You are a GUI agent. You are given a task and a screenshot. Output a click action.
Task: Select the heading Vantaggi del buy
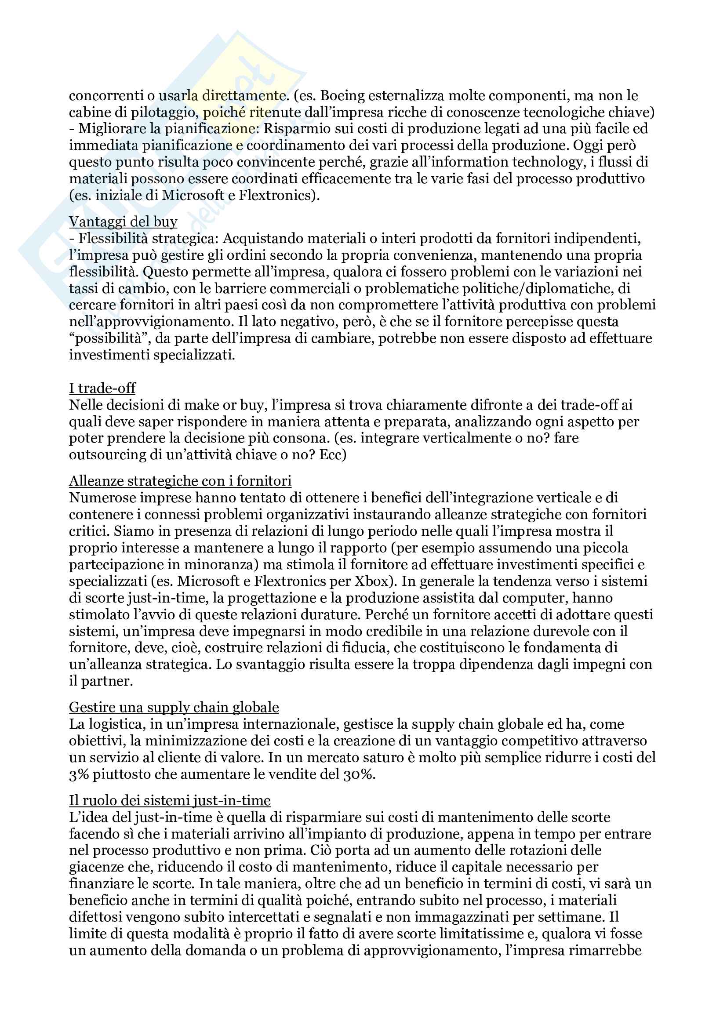(123, 221)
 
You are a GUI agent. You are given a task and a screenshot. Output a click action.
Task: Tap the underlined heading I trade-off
(102, 388)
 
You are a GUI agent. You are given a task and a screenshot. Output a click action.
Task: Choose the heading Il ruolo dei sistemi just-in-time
(170, 800)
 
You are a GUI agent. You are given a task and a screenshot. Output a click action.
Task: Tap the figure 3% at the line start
(79, 774)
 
